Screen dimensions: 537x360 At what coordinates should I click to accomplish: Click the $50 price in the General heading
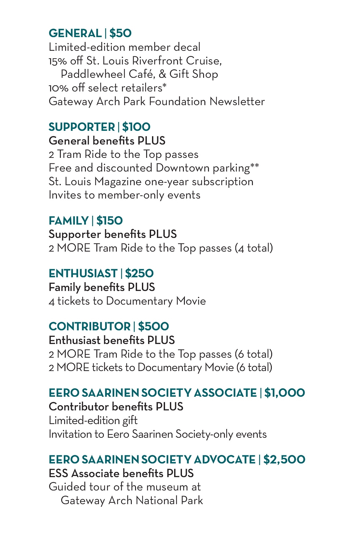(120, 33)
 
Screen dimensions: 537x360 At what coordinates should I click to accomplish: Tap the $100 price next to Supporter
(136, 127)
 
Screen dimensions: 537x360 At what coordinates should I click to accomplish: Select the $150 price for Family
(109, 221)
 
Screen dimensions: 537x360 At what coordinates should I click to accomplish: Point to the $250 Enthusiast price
(139, 273)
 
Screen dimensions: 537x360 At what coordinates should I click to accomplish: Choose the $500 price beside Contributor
(153, 326)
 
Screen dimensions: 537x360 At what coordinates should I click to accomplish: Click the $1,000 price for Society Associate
(284, 393)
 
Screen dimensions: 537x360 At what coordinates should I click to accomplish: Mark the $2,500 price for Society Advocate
(284, 460)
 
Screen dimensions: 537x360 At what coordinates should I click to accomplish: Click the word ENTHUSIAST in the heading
(83, 273)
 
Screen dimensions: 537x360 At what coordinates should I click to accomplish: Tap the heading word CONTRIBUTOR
(90, 326)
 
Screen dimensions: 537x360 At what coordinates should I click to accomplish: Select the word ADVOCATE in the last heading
(225, 460)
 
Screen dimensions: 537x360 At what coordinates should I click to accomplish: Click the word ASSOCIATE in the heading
(225, 393)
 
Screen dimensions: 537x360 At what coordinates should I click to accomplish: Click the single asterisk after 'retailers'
(165, 86)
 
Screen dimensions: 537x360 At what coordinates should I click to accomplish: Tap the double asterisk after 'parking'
(255, 166)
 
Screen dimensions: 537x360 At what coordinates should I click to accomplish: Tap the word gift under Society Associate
(130, 420)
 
